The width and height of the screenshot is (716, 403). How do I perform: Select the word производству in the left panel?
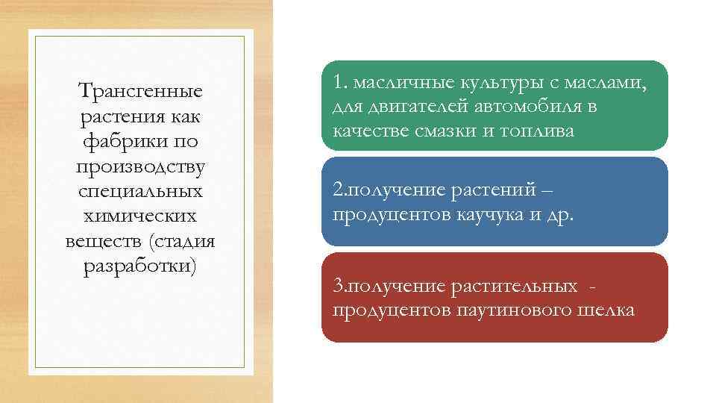[x=141, y=166]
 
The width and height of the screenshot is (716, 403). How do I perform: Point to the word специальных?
[x=140, y=191]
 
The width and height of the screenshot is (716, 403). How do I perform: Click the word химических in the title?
[x=140, y=216]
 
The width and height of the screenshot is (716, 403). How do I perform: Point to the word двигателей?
[x=414, y=107]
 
